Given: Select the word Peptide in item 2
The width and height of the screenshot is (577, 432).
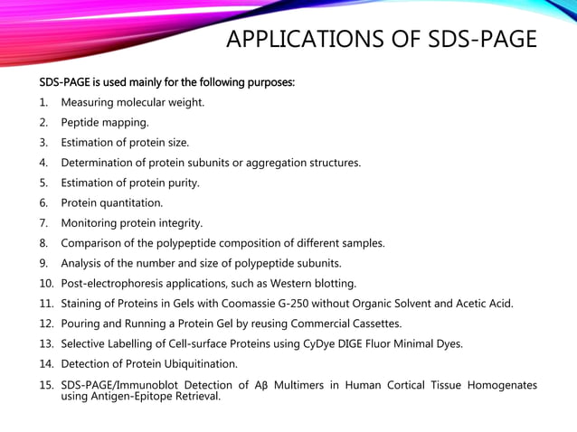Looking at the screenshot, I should (x=82, y=122).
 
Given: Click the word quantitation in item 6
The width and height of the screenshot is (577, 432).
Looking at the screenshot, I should (x=133, y=202).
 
